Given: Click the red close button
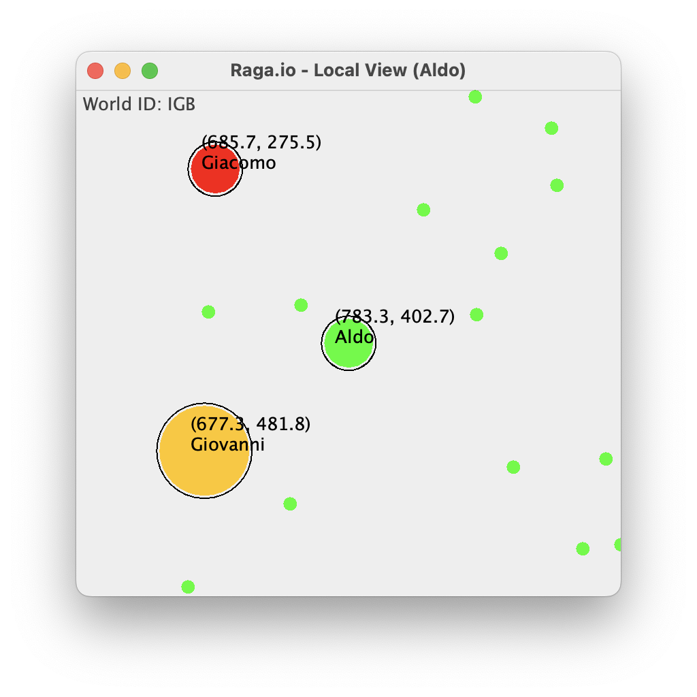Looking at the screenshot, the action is (95, 71).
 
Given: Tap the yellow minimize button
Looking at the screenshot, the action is (123, 71).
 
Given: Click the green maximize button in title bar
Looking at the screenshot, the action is (150, 71).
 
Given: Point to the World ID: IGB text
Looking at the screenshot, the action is (139, 104).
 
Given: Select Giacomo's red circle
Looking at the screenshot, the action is (215, 169).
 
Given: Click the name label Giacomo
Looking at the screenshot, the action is (239, 163).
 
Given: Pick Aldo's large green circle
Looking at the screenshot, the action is (348, 343).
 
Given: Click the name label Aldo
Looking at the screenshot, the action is (354, 337).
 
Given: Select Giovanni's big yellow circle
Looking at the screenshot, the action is (204, 451).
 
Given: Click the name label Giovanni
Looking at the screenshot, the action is (227, 444).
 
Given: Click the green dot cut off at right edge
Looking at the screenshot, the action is (618, 545).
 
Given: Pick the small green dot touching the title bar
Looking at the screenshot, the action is (475, 97).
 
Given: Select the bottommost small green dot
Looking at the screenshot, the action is (188, 587).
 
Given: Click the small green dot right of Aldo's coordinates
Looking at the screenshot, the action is (476, 314).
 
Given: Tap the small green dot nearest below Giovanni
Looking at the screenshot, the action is (290, 504).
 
